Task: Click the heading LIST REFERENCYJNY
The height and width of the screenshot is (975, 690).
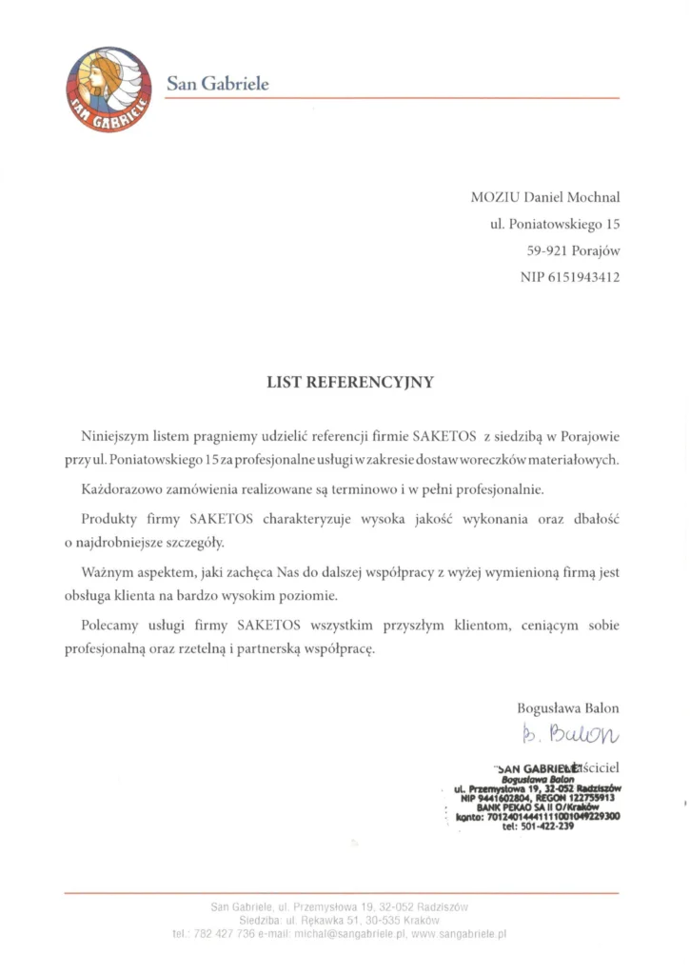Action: (349, 383)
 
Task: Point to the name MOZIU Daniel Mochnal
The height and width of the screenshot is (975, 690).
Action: (545, 198)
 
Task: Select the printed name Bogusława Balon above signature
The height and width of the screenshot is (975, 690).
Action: (567, 708)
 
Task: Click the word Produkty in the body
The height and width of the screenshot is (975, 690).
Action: (108, 519)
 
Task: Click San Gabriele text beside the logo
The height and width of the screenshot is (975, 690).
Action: (218, 84)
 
